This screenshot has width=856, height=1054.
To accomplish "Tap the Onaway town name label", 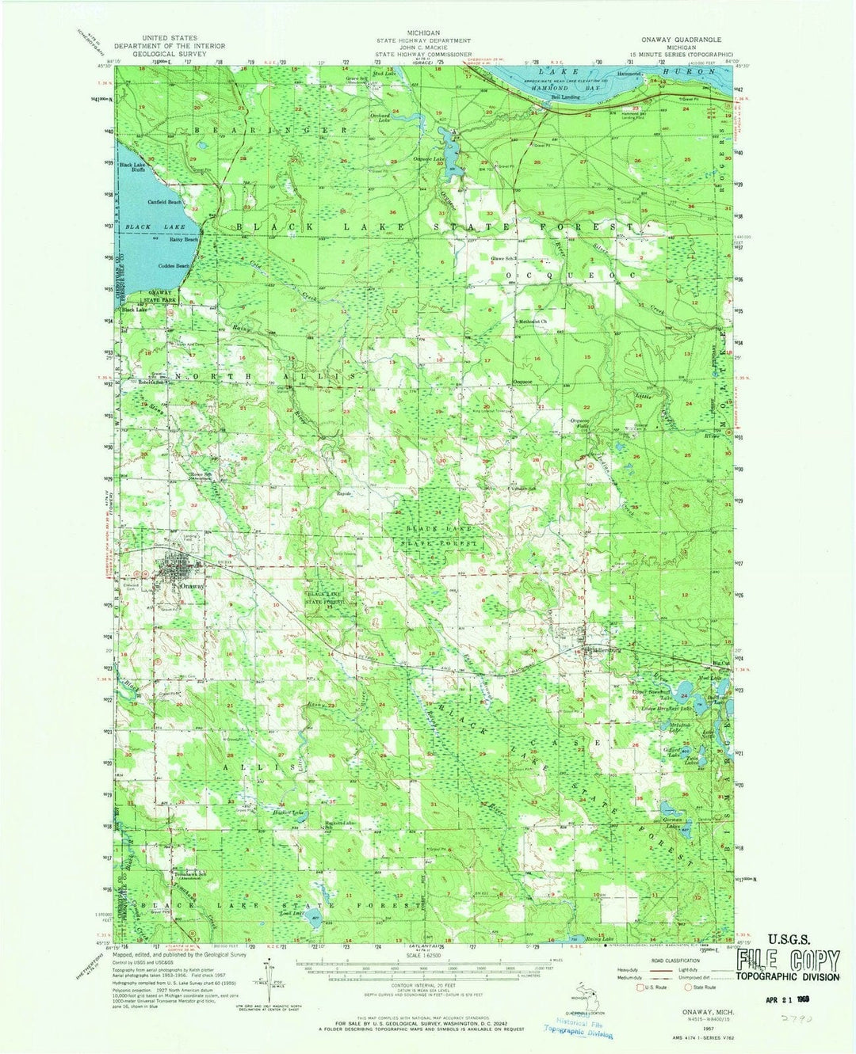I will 192,587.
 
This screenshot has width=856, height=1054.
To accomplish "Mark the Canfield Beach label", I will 165,202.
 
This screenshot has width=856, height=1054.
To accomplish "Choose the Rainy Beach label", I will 183,240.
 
